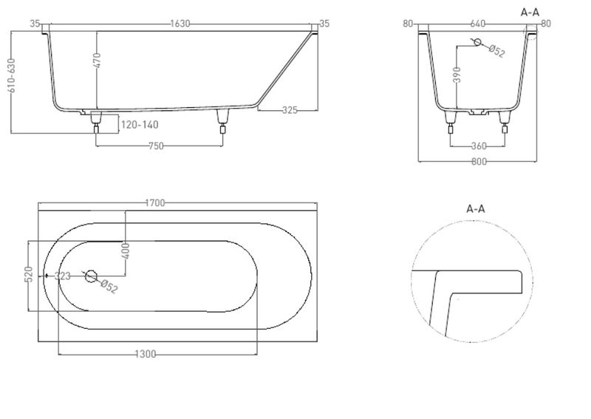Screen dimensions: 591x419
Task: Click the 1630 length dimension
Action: click(x=180, y=24)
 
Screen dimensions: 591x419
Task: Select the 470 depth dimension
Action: click(x=97, y=61)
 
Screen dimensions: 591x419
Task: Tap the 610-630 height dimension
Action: click(x=11, y=75)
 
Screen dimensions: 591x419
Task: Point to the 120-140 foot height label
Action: click(x=140, y=124)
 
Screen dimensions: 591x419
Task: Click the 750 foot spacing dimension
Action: click(x=156, y=146)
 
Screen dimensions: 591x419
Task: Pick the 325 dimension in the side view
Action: click(x=290, y=110)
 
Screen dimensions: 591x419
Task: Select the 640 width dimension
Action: click(x=477, y=24)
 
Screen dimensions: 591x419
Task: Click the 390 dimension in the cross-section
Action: click(x=457, y=75)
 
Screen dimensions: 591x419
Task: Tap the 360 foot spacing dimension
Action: click(x=479, y=146)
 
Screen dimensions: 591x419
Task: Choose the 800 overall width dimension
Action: click(x=479, y=162)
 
